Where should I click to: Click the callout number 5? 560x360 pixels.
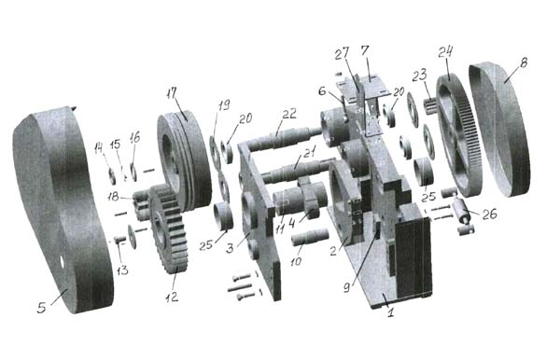coord(42,308)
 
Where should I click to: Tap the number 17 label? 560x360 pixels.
coord(172,93)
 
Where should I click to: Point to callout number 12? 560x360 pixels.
coord(172,297)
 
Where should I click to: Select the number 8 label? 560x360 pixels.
coord(524,62)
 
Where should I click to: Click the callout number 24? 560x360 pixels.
coord(445,52)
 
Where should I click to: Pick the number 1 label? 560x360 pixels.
coord(391,313)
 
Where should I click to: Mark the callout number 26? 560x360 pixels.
coord(489,214)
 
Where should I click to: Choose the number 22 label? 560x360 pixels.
coord(289,114)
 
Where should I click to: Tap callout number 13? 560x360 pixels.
coord(122,270)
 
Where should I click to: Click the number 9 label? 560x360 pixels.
coord(346,288)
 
